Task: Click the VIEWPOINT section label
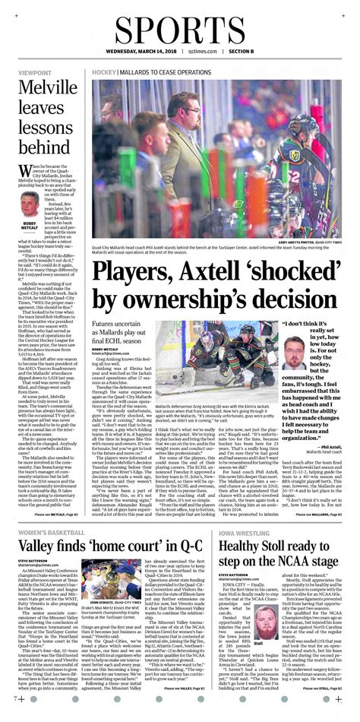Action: tap(36, 73)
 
